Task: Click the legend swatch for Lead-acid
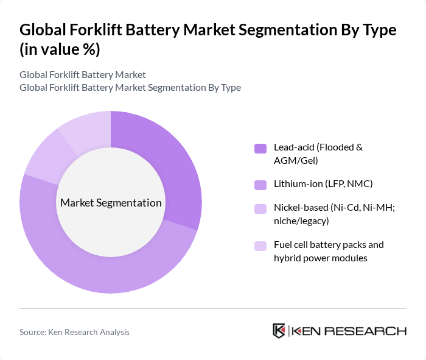[x=260, y=148]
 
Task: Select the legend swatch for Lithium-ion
[x=260, y=184]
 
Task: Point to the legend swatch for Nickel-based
[x=260, y=208]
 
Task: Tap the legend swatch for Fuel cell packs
[x=260, y=245]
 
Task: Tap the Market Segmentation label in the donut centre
[x=111, y=202]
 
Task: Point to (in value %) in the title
[x=60, y=50]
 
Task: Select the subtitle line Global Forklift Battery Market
[x=83, y=74]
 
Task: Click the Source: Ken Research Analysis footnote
[x=74, y=332]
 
